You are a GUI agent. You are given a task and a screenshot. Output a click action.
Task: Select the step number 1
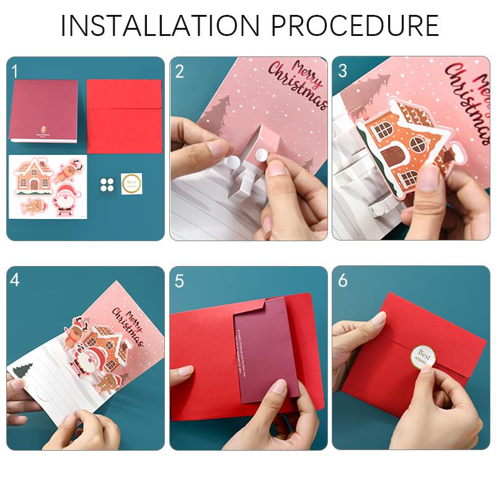click(14, 71)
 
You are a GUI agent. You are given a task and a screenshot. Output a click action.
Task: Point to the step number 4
click(15, 280)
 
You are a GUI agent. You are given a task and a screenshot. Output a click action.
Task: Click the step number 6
click(343, 280)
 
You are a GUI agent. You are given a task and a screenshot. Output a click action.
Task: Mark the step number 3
click(343, 71)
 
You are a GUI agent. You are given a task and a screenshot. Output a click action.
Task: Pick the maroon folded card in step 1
click(45, 110)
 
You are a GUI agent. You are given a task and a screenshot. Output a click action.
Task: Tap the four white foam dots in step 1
click(107, 184)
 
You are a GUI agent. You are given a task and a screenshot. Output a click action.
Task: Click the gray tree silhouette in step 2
click(218, 112)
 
